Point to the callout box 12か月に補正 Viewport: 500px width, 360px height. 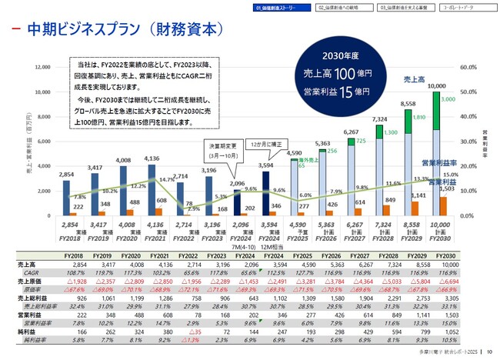(266, 145)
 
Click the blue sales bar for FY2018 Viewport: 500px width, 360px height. (67, 197)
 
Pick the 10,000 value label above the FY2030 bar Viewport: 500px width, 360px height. (437, 85)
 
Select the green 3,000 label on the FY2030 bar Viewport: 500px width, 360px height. (448, 99)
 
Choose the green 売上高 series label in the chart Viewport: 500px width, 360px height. (415, 79)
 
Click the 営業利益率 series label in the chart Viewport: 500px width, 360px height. (435, 163)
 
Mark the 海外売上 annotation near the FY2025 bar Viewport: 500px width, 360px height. (307, 159)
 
